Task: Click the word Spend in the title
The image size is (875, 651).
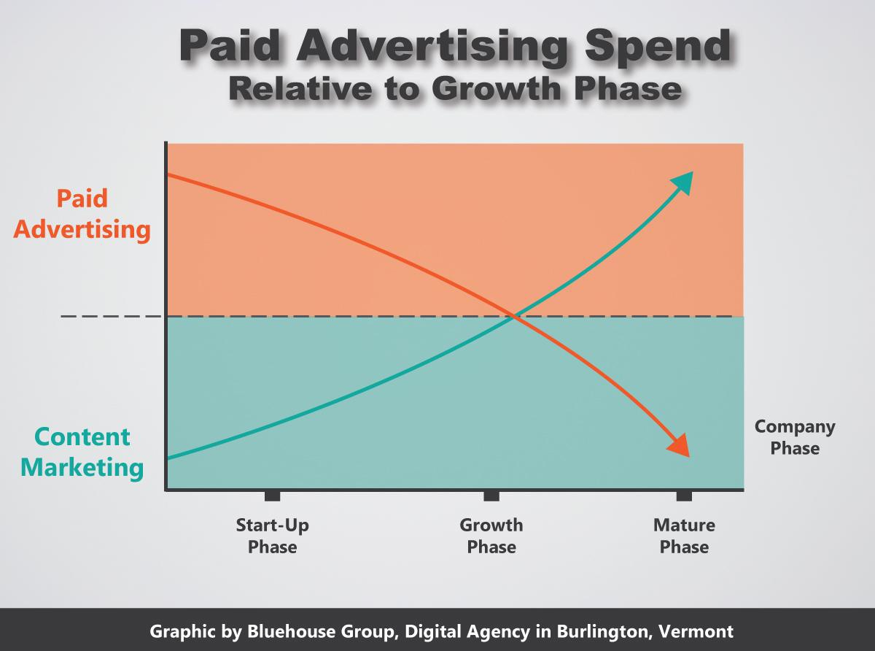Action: pos(658,47)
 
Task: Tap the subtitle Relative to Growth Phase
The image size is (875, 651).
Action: pos(455,89)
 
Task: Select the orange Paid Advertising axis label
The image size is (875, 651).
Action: pos(82,214)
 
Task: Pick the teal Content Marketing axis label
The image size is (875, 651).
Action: pos(82,452)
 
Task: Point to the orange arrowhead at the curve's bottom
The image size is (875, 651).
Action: pos(680,446)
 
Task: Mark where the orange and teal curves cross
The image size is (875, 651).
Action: pos(514,316)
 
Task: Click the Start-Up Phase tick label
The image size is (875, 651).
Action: pos(273,536)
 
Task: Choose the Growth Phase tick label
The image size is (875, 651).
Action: pos(491,536)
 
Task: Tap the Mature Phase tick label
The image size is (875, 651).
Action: pos(685,536)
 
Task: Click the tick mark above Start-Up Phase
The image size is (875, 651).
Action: pos(272,496)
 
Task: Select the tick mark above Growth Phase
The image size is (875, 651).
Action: pos(491,496)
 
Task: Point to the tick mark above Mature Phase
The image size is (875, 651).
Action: pos(685,496)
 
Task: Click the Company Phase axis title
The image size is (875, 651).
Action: pos(795,437)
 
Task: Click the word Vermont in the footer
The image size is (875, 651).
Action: pos(696,631)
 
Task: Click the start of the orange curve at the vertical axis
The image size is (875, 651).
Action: pos(168,174)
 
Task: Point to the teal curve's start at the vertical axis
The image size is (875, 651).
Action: pos(168,458)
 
